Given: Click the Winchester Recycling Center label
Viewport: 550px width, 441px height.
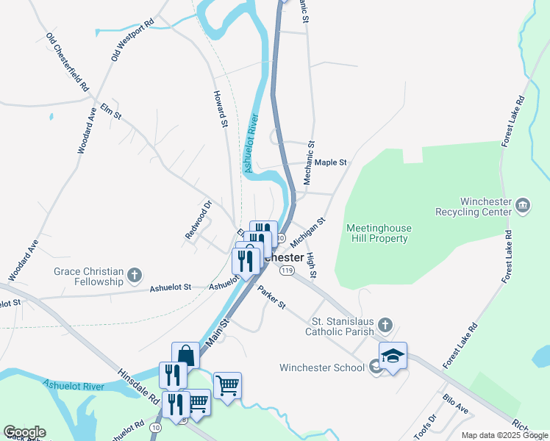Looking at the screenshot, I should tap(485, 207).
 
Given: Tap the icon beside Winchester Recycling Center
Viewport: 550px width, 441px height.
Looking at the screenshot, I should tap(523, 204).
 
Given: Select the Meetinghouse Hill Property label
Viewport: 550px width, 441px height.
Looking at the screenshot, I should tap(379, 233).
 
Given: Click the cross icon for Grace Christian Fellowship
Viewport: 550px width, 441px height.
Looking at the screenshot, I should tap(134, 276).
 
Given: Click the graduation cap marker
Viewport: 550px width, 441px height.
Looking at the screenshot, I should tap(393, 356).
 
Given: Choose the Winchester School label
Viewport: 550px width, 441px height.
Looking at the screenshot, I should tap(321, 367).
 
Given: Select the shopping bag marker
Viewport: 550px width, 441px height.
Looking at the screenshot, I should tap(186, 356).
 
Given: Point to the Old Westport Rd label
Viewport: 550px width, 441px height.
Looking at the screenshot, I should tap(132, 39).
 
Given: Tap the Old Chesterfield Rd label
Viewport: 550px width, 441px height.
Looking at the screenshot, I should tap(67, 62).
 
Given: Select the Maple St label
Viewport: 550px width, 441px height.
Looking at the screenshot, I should tap(330, 162).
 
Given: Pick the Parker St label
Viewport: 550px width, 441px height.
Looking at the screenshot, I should tap(271, 297).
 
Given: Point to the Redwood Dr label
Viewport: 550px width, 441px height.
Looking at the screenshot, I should tap(199, 219).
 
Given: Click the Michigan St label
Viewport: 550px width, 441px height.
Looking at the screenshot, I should tap(307, 232).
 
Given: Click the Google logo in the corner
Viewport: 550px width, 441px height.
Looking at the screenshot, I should tap(24, 432).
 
